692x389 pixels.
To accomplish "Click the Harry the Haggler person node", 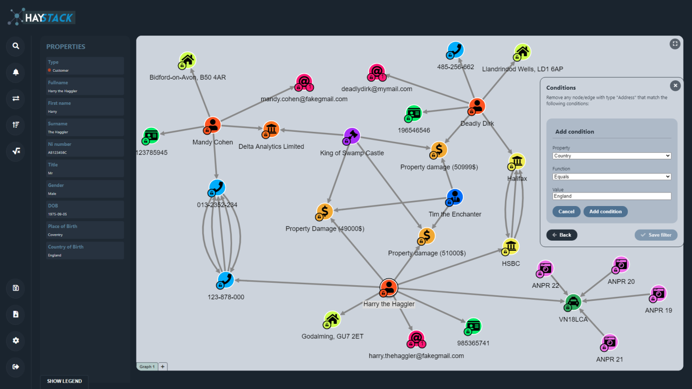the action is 388,288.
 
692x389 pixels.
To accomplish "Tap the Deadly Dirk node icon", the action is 477,106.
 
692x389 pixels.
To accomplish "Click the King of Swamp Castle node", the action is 352,136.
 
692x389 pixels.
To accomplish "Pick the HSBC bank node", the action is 510,247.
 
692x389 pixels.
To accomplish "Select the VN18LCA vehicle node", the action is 573,302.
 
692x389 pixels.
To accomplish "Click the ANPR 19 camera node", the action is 658,294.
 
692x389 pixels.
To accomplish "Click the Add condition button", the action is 605,212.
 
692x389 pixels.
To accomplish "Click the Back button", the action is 562,235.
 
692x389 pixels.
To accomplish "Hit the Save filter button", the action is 656,235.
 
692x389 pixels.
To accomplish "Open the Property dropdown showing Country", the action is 612,156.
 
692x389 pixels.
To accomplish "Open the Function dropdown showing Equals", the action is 612,176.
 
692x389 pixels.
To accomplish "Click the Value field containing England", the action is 612,196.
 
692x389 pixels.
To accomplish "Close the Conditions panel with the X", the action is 675,86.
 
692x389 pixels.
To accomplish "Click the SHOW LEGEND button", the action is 64,381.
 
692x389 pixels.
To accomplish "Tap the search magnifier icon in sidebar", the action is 16,46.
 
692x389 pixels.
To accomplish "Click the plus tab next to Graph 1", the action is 163,366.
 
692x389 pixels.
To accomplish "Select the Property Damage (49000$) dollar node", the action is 324,212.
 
